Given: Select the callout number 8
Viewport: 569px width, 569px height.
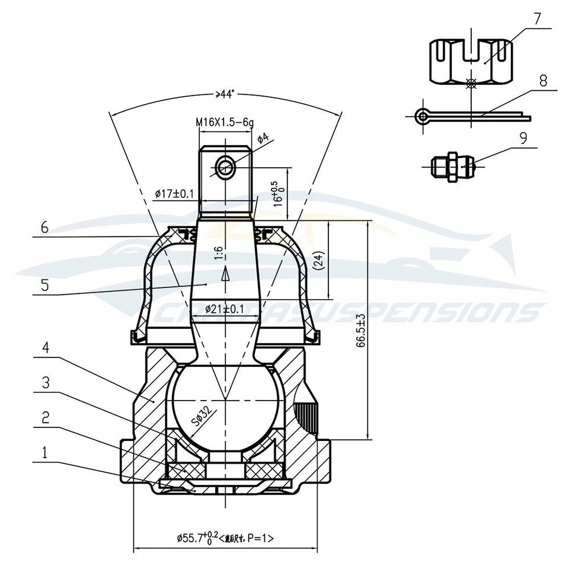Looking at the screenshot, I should point(542,79).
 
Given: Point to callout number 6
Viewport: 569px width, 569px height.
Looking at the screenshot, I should point(44,228).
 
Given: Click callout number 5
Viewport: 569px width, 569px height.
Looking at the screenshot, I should point(44,284).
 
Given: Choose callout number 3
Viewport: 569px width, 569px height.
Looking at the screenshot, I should point(44,383).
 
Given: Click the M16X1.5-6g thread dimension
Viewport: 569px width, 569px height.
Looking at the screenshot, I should point(225,123).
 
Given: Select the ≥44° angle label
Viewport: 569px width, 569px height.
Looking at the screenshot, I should point(225,94).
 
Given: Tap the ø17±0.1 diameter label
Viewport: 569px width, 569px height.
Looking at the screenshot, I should point(174,193).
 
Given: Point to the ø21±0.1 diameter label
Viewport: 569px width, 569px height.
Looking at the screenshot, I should point(225,309).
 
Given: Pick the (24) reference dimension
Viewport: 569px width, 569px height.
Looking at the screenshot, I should point(319,261).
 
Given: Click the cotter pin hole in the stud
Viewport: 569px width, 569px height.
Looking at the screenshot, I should point(225,167).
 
